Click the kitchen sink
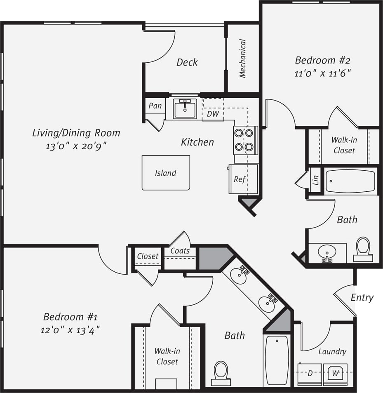[x=185, y=109]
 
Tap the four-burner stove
[x=245, y=140]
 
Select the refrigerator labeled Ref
[x=243, y=179]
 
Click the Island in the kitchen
[x=166, y=173]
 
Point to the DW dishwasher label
[x=213, y=113]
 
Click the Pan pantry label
[x=155, y=106]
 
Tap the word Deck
[x=187, y=62]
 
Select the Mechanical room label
[x=243, y=59]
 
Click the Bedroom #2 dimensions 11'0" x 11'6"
[x=323, y=74]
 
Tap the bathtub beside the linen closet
[x=350, y=181]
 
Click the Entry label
[x=362, y=297]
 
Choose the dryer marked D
[x=310, y=374]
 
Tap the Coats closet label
[x=180, y=251]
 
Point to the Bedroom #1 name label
[x=70, y=317]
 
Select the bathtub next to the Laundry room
[x=277, y=360]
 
